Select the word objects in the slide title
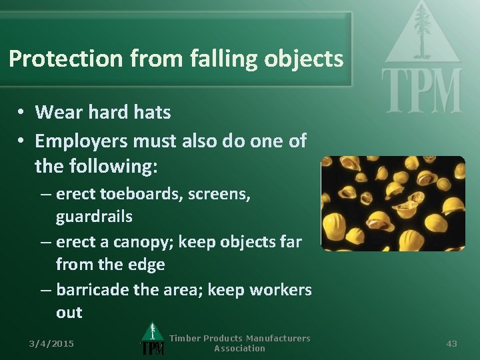[x=303, y=59]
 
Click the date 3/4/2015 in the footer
[x=51, y=343]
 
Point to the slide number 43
[x=451, y=343]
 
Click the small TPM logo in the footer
[x=153, y=339]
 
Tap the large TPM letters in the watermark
[x=421, y=91]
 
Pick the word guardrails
[x=94, y=217]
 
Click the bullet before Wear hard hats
[x=22, y=112]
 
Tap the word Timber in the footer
[x=185, y=339]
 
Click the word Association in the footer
[x=239, y=348]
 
